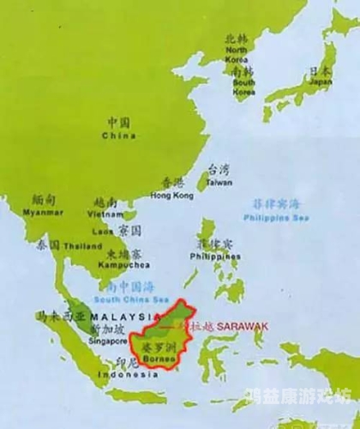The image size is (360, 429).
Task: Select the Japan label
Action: (x=321, y=82)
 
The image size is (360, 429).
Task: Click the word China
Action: (x=119, y=136)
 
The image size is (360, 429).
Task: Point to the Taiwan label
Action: (x=219, y=183)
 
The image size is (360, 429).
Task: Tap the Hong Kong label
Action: (x=168, y=196)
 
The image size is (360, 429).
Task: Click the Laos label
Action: (x=101, y=231)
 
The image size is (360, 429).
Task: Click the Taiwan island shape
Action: (x=204, y=178)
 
